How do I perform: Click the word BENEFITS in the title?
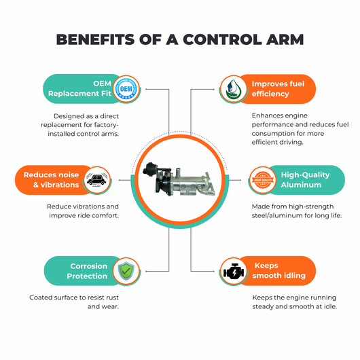click(95, 39)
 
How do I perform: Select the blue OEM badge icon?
click(126, 89)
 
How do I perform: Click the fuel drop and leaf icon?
click(233, 89)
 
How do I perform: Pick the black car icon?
click(97, 180)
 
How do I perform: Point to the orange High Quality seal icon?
click(263, 180)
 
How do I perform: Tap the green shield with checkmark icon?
click(126, 271)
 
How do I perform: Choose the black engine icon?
click(234, 271)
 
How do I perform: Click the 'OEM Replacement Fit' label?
click(79, 88)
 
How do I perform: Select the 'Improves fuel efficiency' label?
click(278, 89)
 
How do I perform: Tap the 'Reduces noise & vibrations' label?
click(51, 180)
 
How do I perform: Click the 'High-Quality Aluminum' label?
click(305, 180)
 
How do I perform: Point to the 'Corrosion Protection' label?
click(87, 271)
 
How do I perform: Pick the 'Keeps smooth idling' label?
click(278, 270)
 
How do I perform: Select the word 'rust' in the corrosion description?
click(112, 298)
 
